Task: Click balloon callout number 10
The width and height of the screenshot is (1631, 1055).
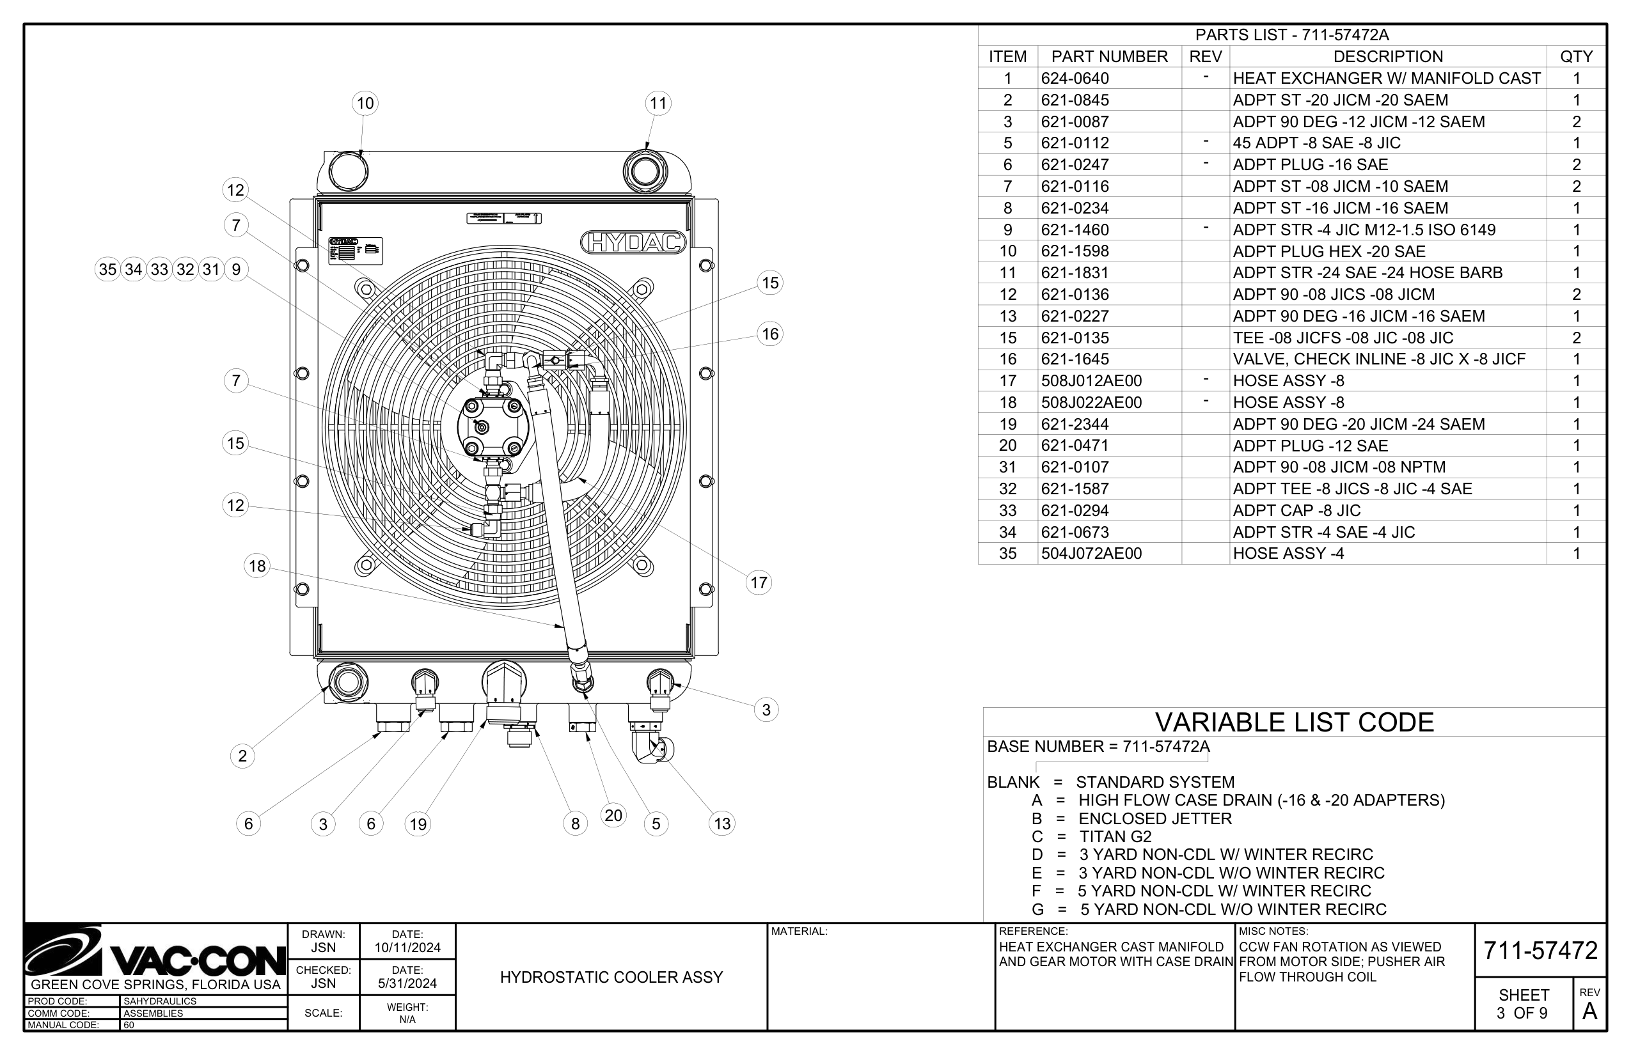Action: (x=365, y=104)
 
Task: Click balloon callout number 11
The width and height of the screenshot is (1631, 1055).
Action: (x=658, y=104)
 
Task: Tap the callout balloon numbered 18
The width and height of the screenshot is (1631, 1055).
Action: (x=257, y=566)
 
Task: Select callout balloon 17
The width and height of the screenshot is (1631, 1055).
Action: (x=759, y=583)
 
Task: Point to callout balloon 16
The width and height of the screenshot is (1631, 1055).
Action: (x=770, y=334)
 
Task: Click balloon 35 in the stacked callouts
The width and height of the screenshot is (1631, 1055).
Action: (x=107, y=270)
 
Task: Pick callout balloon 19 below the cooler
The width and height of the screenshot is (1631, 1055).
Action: (x=418, y=824)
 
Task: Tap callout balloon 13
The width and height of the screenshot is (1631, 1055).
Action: (x=722, y=824)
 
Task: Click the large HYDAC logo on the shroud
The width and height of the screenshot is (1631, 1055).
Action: (x=633, y=242)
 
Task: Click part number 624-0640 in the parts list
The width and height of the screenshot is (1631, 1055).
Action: (x=1075, y=79)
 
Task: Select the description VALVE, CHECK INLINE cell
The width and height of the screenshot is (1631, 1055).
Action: (x=1379, y=359)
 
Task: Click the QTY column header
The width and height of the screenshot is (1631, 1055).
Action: (x=1576, y=57)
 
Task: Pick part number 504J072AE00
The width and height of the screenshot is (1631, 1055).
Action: (x=1091, y=554)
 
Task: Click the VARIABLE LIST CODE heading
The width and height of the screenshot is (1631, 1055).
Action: (x=1295, y=723)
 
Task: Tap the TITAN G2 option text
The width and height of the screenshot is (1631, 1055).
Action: (x=1115, y=836)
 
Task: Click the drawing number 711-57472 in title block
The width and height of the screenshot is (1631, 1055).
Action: (x=1541, y=951)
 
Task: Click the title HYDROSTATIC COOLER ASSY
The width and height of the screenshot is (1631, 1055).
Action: (x=611, y=978)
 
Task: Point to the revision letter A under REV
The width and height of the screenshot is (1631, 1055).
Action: (x=1590, y=1012)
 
